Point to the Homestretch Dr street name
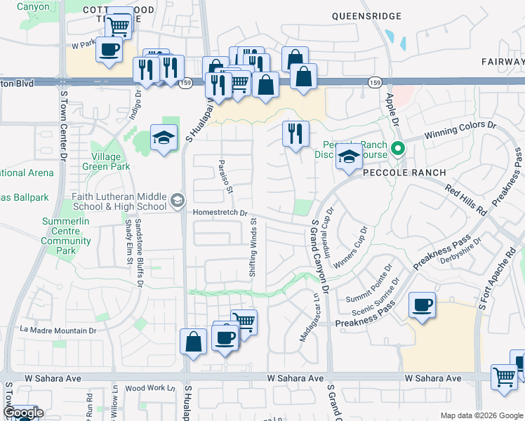(x=221, y=212)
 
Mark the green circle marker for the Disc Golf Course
(x=398, y=148)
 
